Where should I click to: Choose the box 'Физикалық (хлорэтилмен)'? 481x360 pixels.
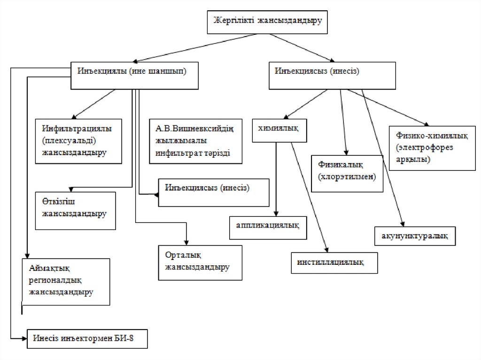pyautogui.click(x=347, y=172)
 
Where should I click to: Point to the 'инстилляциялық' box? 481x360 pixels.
pyautogui.click(x=334, y=261)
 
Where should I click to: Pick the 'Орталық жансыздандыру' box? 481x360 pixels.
pyautogui.click(x=200, y=262)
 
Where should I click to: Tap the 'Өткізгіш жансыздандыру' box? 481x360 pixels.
pyautogui.click(x=75, y=210)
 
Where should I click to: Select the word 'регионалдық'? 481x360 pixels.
pyautogui.click(x=55, y=280)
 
